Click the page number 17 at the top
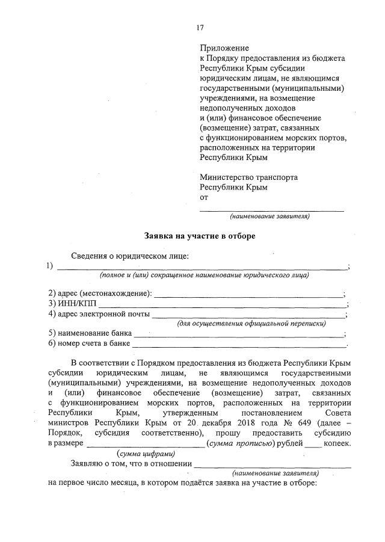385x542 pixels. coord(200,28)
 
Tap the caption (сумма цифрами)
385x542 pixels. coord(146,454)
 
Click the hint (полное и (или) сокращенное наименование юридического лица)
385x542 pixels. coord(204,276)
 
